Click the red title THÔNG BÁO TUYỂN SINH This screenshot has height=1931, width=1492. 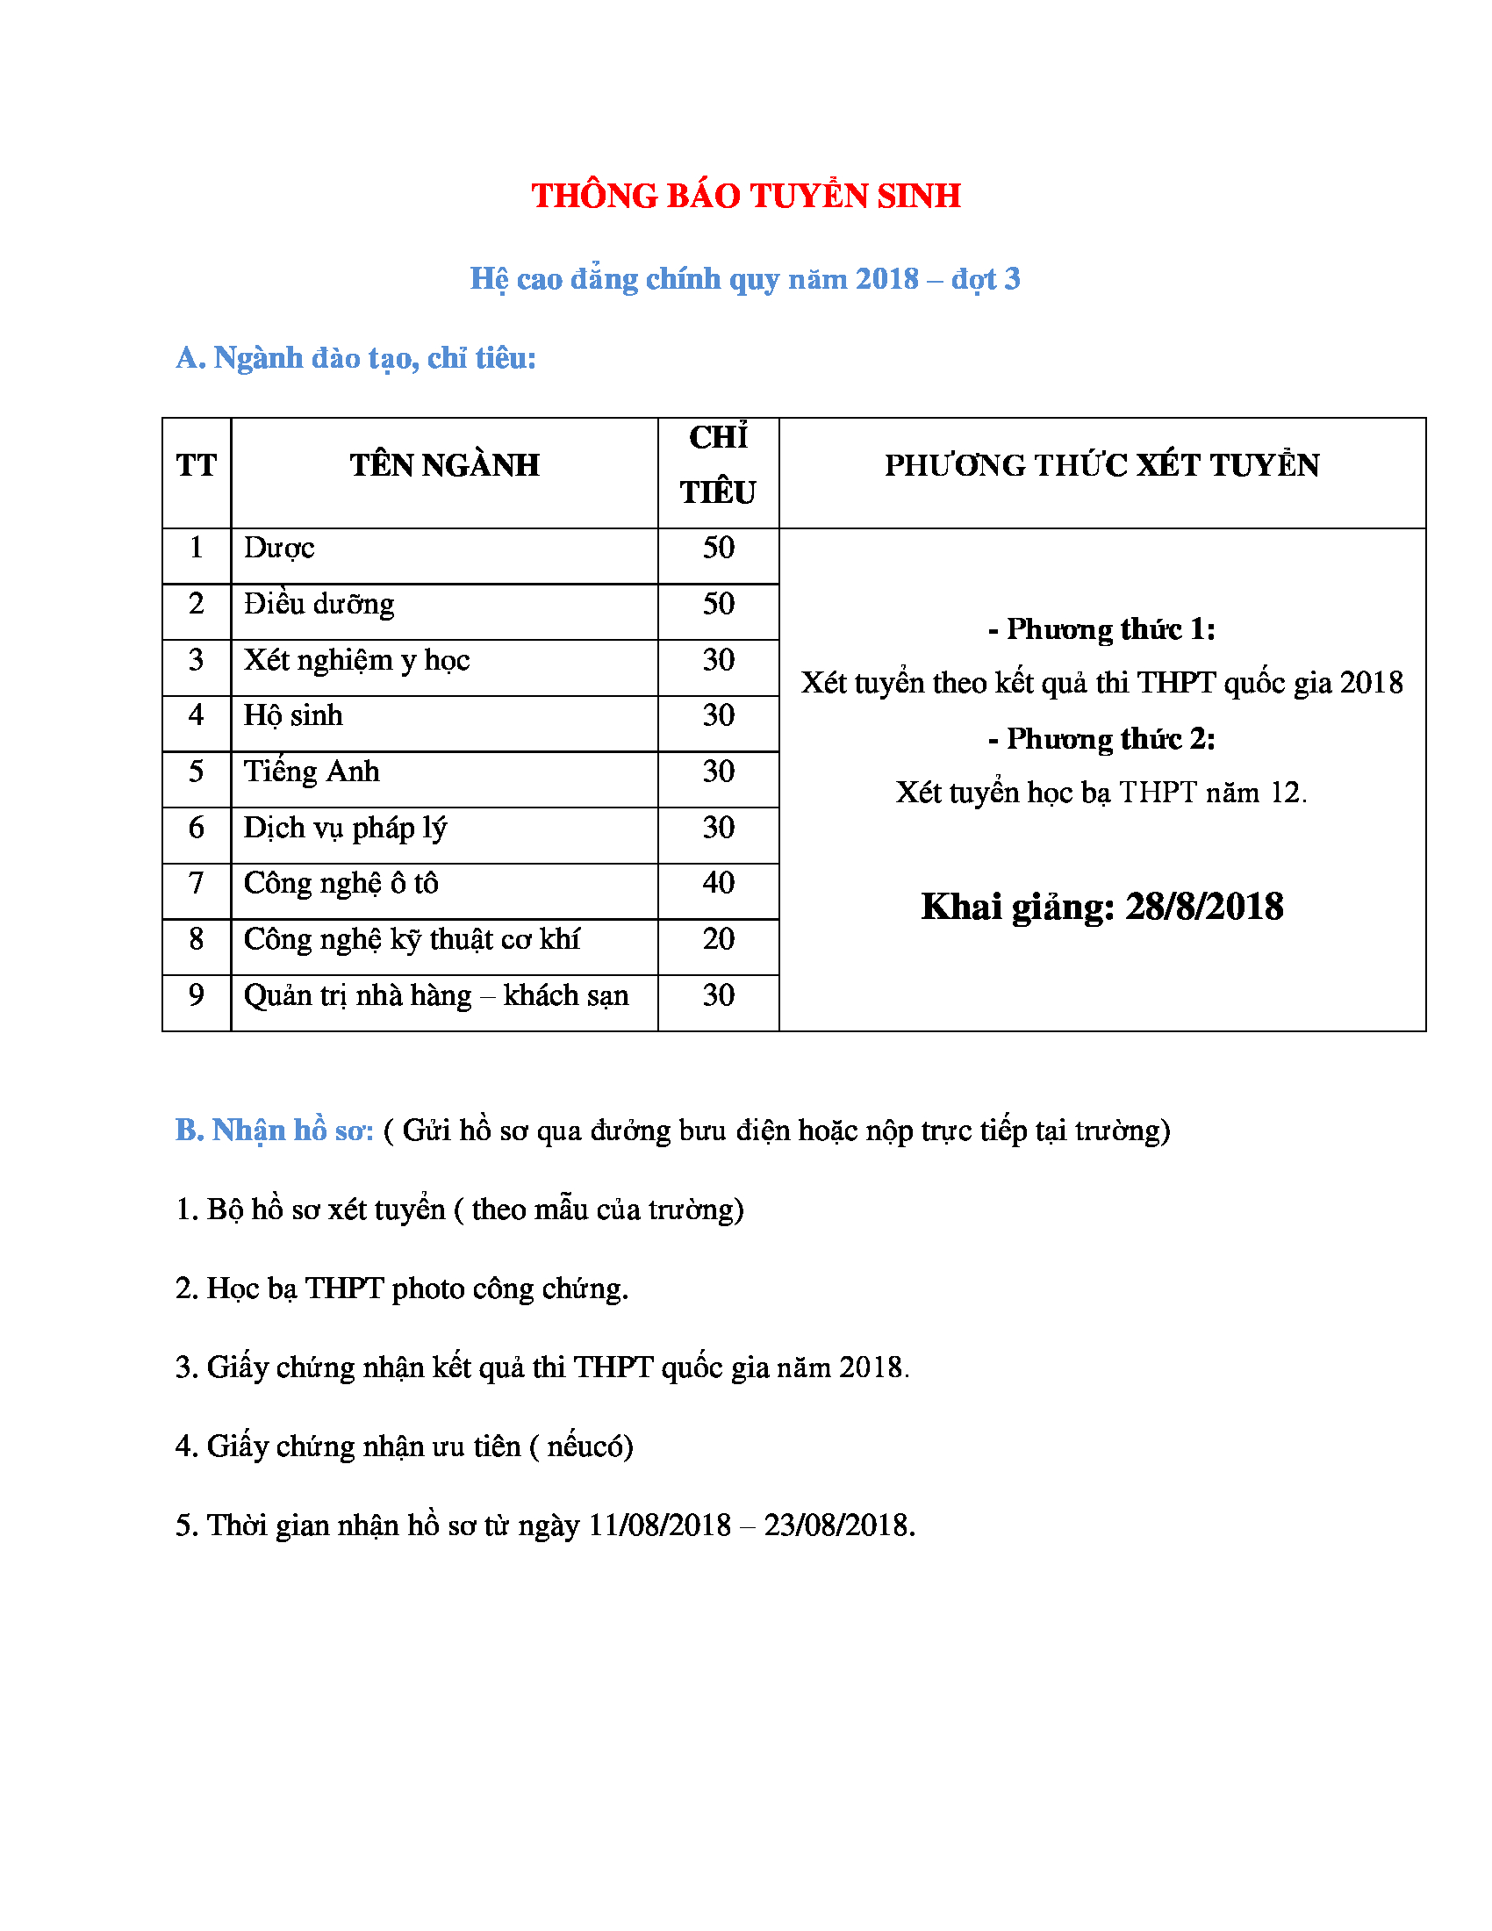(745, 197)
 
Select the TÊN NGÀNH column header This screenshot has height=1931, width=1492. (444, 465)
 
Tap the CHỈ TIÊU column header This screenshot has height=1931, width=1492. (718, 466)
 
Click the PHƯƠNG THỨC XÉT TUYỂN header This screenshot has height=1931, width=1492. (1101, 465)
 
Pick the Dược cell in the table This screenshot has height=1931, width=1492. (278, 549)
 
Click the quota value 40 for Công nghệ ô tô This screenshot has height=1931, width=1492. (718, 882)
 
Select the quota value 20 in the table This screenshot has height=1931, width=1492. (718, 938)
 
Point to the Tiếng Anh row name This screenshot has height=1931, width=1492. (312, 771)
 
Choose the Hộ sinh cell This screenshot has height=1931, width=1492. (292, 715)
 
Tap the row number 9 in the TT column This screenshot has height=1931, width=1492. (197, 994)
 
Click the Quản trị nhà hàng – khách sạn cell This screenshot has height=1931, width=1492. (436, 995)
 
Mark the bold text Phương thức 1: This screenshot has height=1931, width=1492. (1101, 628)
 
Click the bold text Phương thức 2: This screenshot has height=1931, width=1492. (1101, 738)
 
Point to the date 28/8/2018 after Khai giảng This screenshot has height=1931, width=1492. (1204, 908)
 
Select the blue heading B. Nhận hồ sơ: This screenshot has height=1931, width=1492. (274, 1130)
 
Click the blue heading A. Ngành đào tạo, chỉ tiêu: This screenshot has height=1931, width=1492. (355, 358)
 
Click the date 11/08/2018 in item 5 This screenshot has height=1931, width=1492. (659, 1525)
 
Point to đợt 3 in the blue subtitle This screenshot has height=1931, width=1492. (986, 279)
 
